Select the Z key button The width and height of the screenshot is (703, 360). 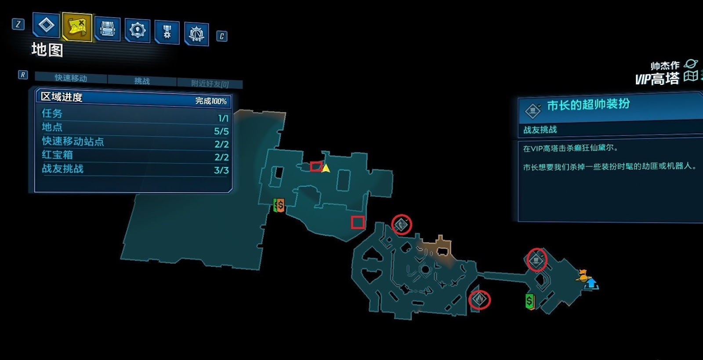pos(18,24)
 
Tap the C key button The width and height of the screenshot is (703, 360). pos(222,36)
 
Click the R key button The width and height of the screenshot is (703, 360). pos(22,75)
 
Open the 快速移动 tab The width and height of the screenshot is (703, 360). pos(71,78)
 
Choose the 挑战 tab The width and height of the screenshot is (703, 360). pos(142,81)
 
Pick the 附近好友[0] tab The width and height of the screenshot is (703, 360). pos(210,84)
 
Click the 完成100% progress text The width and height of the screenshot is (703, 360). pos(211,101)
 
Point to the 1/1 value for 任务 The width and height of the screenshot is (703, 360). pos(223,118)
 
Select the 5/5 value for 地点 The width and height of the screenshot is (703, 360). pos(221,131)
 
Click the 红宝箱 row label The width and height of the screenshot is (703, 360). pos(57,155)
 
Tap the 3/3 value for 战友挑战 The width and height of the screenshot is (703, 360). pos(221,170)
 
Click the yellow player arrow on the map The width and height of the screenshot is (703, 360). pos(326,168)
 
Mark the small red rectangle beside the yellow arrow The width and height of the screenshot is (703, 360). pos(315,166)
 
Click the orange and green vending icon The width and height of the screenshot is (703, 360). pos(279,205)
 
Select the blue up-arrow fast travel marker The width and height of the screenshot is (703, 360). pos(592,284)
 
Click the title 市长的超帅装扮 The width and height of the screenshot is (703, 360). pos(588,105)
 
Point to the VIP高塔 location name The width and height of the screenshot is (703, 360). pos(657,79)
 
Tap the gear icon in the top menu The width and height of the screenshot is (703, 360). pos(138,30)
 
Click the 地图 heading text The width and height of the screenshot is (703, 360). pos(47,50)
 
